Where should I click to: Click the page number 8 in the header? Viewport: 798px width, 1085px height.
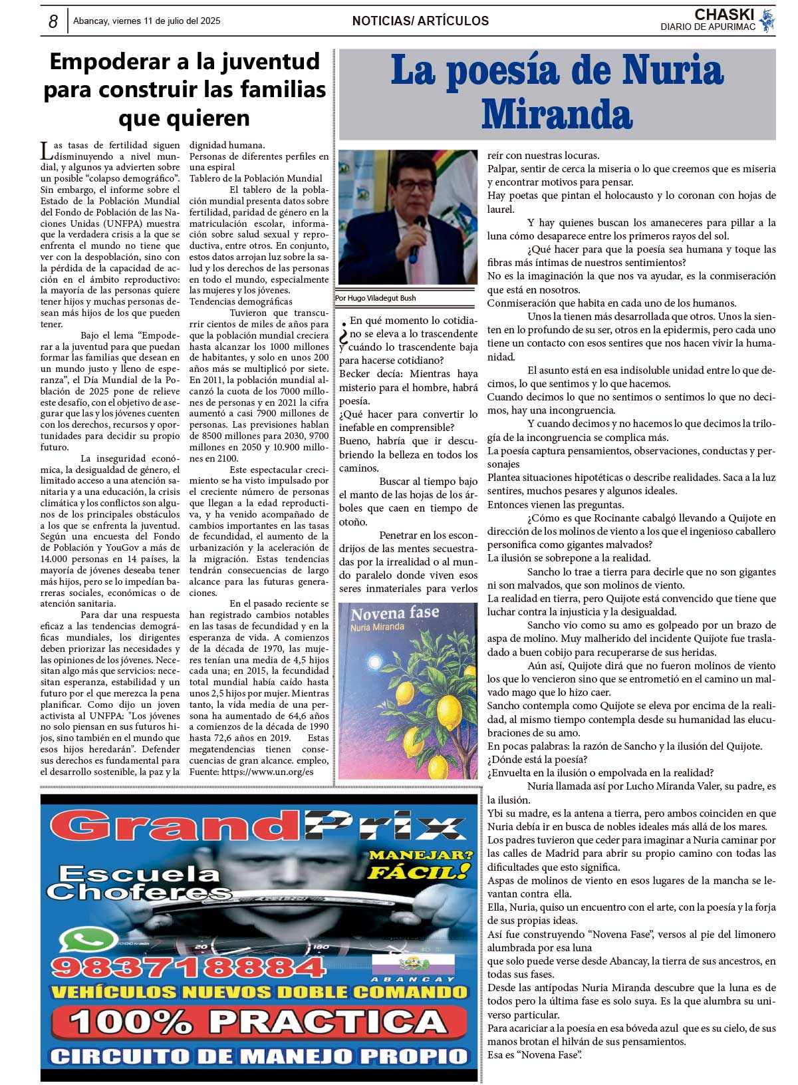pyautogui.click(x=53, y=21)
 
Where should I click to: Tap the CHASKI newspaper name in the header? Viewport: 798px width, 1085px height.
pyautogui.click(x=724, y=15)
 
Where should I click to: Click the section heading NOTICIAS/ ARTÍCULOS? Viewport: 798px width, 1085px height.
pyautogui.click(x=420, y=21)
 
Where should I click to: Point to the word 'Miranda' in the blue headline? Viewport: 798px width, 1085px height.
pyautogui.click(x=557, y=114)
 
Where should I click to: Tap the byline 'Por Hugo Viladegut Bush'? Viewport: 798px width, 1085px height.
pyautogui.click(x=376, y=298)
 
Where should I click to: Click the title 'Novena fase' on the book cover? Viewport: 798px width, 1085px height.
pyautogui.click(x=394, y=613)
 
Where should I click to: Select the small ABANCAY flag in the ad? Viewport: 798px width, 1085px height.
pyautogui.click(x=412, y=964)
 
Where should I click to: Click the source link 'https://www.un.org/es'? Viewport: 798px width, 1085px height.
pyautogui.click(x=267, y=772)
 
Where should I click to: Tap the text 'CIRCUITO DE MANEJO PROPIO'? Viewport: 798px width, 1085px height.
pyautogui.click(x=259, y=1056)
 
